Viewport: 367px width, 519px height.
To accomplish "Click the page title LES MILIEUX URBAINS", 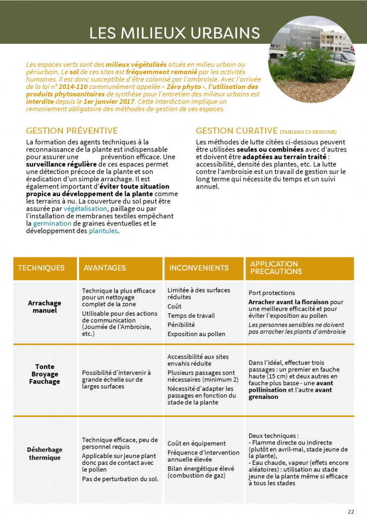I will tap(175, 33).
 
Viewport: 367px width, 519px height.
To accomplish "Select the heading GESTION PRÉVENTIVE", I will tap(72, 131).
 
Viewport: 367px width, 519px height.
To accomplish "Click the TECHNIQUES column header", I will tap(41, 268).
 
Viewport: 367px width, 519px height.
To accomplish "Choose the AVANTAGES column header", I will tap(104, 268).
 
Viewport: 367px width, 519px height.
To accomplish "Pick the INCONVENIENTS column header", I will tap(199, 268).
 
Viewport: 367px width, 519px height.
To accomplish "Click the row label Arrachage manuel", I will tap(45, 307).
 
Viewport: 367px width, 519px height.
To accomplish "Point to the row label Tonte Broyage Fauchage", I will tap(45, 374).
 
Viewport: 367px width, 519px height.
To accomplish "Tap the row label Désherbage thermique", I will tap(45, 454).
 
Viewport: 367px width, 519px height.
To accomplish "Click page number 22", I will tap(351, 511).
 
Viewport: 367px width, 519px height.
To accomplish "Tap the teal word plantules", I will tap(103, 231).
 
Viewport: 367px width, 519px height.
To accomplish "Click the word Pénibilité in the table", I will tap(181, 325).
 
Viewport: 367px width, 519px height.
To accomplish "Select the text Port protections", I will tap(272, 293).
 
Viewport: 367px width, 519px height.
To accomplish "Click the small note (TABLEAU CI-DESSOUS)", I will tap(308, 132).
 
